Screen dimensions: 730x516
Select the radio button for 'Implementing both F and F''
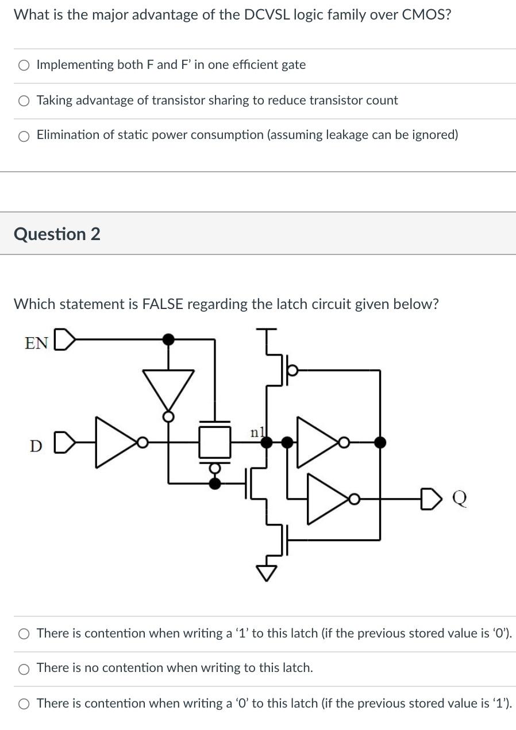24,65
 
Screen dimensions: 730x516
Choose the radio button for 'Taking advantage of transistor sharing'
24,101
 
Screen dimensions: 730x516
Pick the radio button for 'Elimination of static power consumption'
24,136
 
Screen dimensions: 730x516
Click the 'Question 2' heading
57,234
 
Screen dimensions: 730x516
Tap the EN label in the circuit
36,343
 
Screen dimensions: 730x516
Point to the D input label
36,446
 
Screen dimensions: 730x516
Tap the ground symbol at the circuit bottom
267,572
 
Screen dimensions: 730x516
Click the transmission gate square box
215,442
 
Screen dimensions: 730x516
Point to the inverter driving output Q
329,499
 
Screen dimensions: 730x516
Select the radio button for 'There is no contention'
24,669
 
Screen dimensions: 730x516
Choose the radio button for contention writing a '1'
24,634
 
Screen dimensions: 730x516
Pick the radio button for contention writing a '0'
24,704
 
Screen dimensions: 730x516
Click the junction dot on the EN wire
168,339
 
